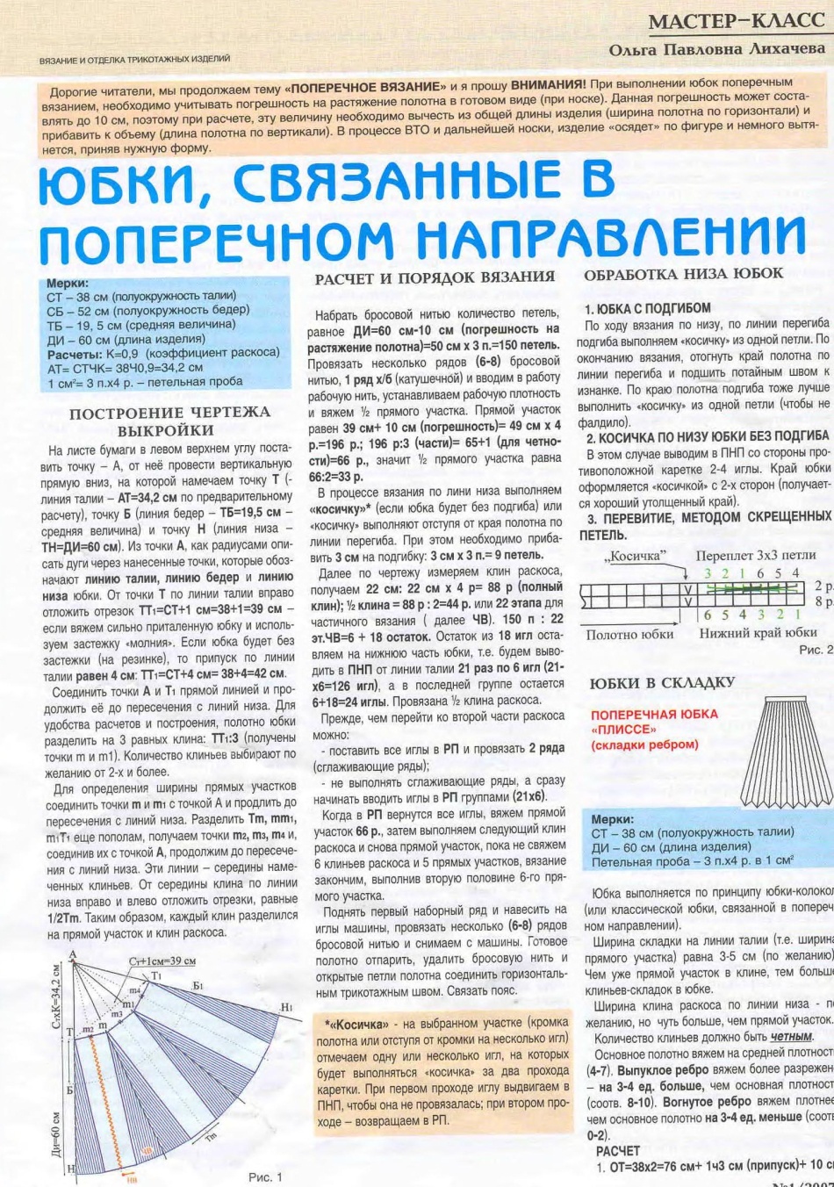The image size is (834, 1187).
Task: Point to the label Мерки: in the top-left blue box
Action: pyautogui.click(x=68, y=284)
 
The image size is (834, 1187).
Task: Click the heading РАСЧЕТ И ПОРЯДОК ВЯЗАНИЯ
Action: pyautogui.click(x=435, y=277)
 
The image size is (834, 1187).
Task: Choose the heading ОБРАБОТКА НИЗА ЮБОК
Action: pyautogui.click(x=683, y=274)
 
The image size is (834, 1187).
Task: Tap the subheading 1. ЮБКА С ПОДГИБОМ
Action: pyautogui.click(x=648, y=308)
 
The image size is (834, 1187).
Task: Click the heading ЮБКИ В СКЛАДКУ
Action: pyautogui.click(x=662, y=683)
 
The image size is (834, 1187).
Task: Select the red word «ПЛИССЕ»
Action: pyautogui.click(x=624, y=730)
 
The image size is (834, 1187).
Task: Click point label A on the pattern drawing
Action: pyautogui.click(x=73, y=956)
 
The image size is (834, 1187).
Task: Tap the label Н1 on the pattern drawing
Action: pyautogui.click(x=286, y=1007)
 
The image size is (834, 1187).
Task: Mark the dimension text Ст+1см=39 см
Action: pyautogui.click(x=162, y=961)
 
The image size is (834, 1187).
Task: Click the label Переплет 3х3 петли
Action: pyautogui.click(x=755, y=556)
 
